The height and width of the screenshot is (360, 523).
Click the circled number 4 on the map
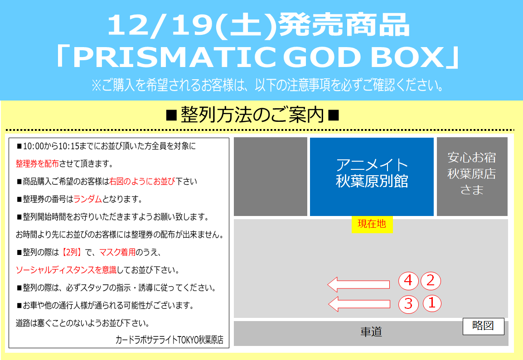click(408, 281)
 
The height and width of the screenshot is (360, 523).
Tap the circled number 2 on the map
click(431, 281)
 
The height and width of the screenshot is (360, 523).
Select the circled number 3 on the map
click(409, 304)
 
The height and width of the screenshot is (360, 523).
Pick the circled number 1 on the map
click(432, 303)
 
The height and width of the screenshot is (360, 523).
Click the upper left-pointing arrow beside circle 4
click(358, 284)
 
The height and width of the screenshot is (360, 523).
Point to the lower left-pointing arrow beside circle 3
click(359, 304)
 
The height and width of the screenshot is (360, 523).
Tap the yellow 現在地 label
click(372, 224)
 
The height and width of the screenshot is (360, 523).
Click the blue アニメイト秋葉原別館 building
click(372, 177)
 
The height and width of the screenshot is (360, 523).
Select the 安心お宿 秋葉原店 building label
click(472, 174)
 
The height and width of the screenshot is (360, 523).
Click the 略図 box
click(483, 326)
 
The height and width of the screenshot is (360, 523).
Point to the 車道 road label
click(371, 332)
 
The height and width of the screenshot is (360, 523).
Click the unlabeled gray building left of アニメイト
click(271, 177)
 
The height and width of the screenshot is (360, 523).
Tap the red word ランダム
click(87, 199)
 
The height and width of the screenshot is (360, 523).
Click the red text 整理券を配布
click(37, 163)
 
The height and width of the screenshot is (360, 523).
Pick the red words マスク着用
click(117, 252)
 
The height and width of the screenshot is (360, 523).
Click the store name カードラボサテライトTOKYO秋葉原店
click(169, 340)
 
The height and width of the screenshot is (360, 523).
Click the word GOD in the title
click(322, 57)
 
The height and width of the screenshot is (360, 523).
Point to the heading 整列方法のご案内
click(252, 115)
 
